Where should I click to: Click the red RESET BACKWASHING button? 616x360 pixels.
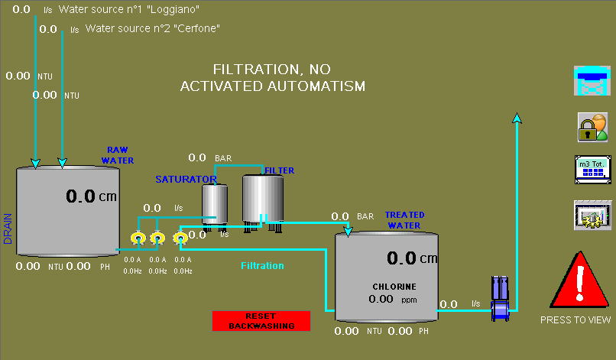[261, 321]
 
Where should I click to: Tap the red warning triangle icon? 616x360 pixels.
[579, 281]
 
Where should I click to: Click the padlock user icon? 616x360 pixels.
[593, 128]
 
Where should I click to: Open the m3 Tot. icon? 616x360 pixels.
[593, 170]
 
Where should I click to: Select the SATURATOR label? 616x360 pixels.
[186, 179]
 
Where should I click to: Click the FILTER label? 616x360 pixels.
[279, 170]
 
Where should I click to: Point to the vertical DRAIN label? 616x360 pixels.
[8, 229]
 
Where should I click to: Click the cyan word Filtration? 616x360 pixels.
[262, 266]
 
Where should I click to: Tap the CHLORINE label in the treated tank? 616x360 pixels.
[394, 287]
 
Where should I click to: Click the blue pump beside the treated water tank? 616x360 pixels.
[500, 299]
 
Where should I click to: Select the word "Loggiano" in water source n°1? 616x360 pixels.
[173, 9]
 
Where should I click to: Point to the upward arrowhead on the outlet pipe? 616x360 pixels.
[517, 118]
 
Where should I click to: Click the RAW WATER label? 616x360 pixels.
[118, 155]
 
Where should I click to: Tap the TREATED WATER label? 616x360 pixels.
[404, 220]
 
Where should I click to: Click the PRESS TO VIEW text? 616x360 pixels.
[575, 320]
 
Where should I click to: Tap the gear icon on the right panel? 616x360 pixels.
[592, 215]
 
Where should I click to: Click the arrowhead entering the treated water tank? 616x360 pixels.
[348, 232]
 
